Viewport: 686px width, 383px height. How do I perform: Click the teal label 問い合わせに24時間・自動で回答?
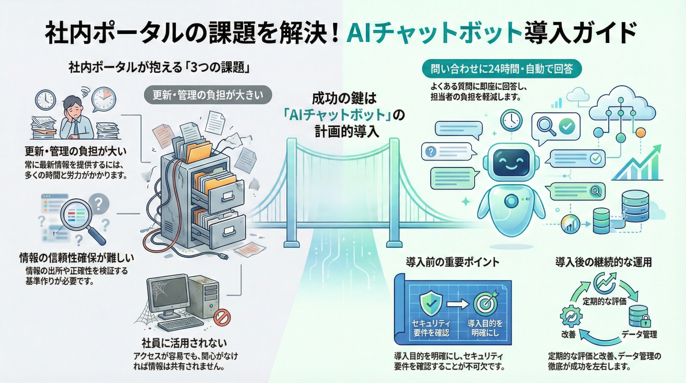coord(501,69)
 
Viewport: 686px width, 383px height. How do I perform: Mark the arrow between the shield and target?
coord(455,304)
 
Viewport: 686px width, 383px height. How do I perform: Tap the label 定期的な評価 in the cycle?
coord(604,302)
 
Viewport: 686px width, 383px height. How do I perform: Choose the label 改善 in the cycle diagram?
coord(569,334)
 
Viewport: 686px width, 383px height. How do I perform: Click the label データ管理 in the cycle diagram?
coord(639,334)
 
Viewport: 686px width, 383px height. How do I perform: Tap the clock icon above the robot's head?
coord(511,120)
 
